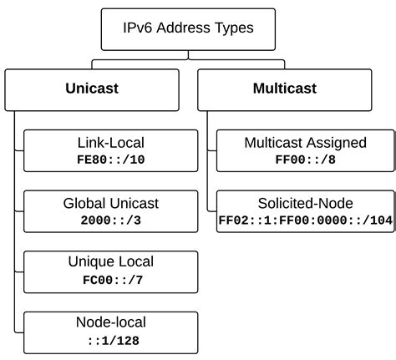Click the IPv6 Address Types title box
click(188, 29)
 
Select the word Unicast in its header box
click(92, 89)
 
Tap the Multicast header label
click(283, 89)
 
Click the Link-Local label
click(110, 143)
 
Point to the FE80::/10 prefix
click(110, 159)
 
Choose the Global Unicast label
click(110, 203)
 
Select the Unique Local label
click(110, 262)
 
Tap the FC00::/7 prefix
click(110, 278)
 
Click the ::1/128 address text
click(110, 339)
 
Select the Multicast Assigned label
click(305, 143)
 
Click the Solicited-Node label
click(305, 203)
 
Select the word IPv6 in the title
click(140, 29)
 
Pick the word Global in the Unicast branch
click(85, 203)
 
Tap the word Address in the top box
click(186, 29)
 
